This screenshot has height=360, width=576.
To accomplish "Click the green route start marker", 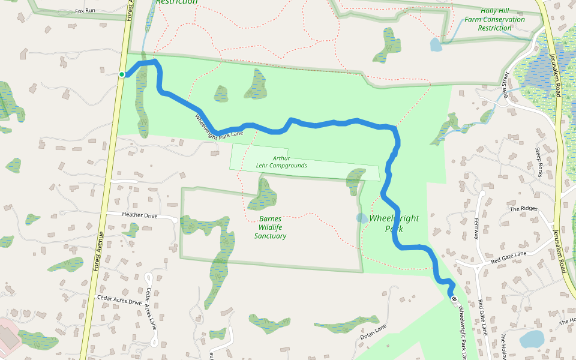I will tap(122, 74).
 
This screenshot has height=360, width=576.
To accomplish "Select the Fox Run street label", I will tap(86, 11).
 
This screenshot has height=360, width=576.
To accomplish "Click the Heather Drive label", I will tap(139, 214).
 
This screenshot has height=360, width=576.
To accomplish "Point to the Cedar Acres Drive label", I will tap(119, 298).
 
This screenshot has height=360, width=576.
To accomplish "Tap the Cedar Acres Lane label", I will tap(152, 308).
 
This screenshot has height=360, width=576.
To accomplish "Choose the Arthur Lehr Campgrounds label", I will tap(290, 162).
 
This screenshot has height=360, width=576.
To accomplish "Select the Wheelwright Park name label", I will tap(394, 223).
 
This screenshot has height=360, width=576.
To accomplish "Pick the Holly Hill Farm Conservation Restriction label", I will tap(494, 19).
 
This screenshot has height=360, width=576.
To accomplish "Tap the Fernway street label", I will tap(477, 228).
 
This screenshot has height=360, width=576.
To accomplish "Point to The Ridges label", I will tap(523, 209).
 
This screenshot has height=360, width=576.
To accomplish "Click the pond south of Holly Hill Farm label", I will tap(436, 44).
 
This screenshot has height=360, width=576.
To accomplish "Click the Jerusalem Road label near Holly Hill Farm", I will tap(556, 75).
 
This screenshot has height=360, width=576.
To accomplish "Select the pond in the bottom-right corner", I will tap(531, 339).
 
